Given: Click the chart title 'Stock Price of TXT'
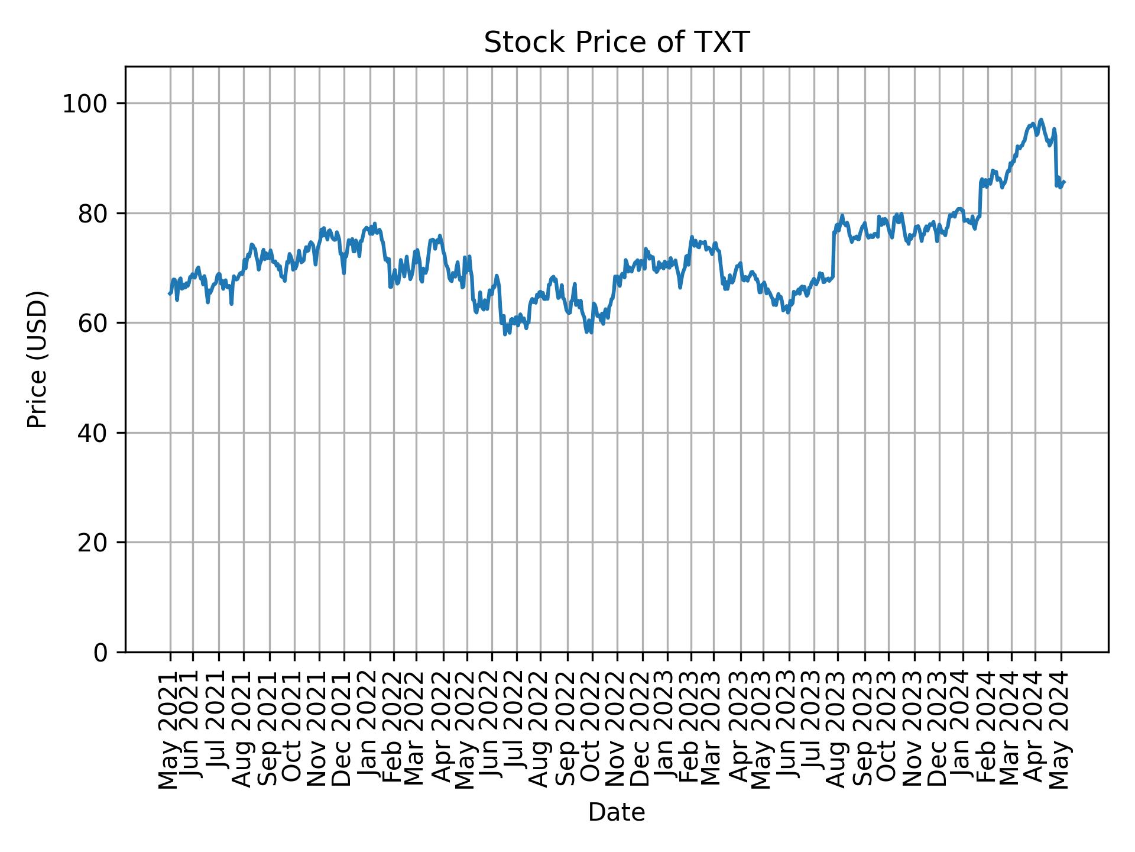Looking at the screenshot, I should click(x=617, y=43).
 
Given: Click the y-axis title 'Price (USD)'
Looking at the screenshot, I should click(x=37, y=359).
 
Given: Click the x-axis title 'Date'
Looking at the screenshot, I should click(x=617, y=812).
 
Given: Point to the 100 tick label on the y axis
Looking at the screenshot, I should click(x=89, y=104).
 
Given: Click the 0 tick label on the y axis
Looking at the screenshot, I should click(x=102, y=652).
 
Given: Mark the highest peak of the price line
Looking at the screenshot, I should click(x=1041, y=120).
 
